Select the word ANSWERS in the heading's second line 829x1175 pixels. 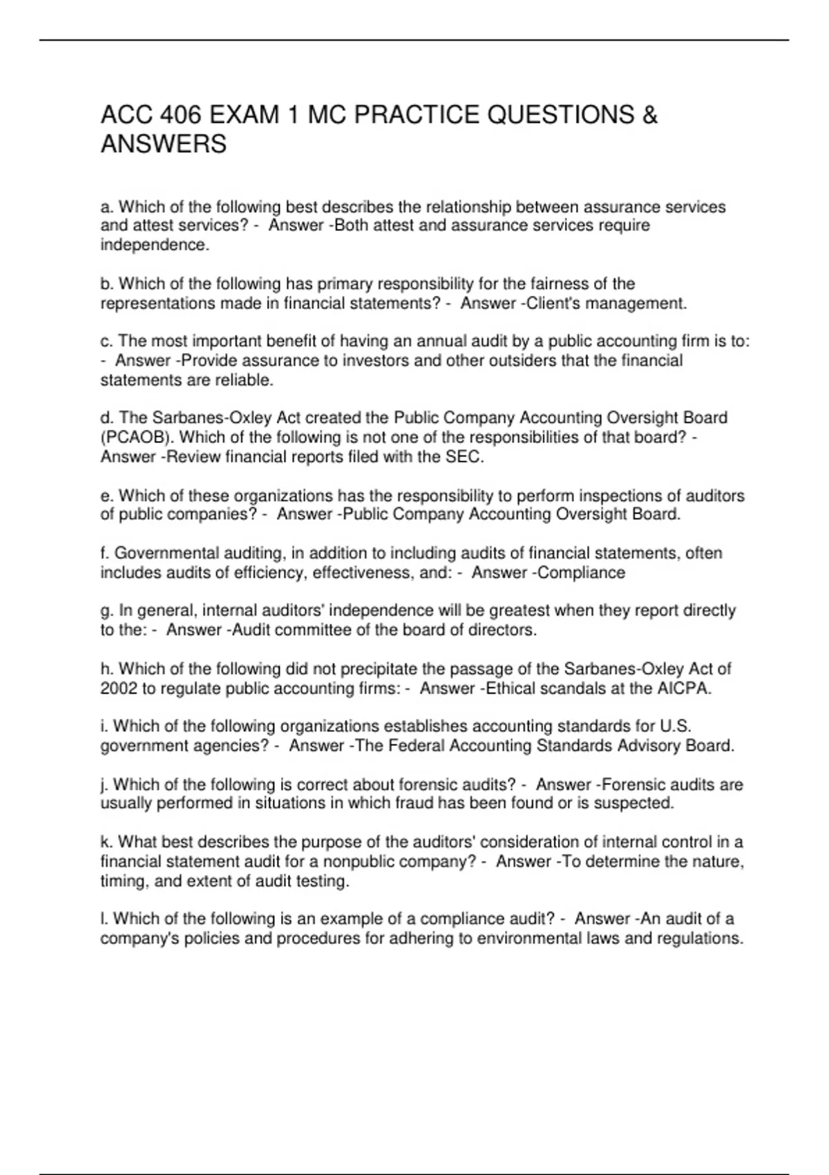click(164, 144)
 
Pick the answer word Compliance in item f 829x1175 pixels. click(585, 572)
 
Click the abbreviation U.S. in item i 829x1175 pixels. click(676, 726)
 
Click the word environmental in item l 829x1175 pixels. click(523, 939)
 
